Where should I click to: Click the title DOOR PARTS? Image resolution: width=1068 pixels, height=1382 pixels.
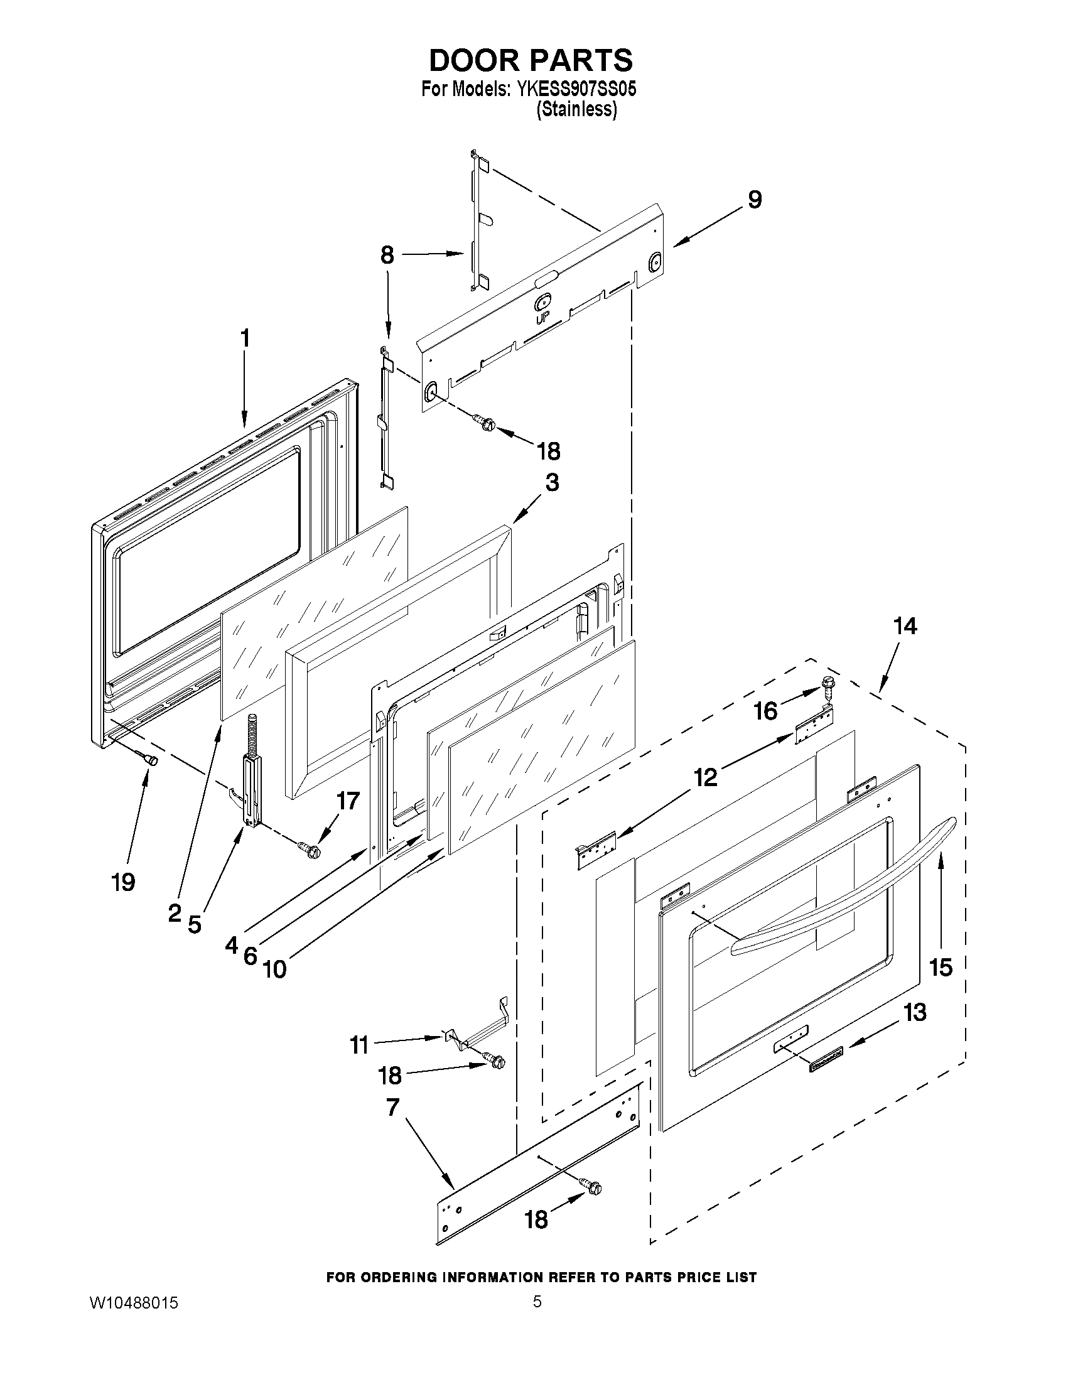click(530, 60)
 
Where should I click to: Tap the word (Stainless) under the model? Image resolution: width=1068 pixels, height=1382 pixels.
click(576, 109)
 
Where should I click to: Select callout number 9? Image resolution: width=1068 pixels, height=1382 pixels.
click(754, 200)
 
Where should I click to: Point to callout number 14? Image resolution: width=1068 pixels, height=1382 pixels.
click(905, 627)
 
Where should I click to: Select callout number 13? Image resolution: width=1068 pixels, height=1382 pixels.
click(915, 1012)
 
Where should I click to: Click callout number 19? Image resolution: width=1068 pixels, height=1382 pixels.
click(124, 882)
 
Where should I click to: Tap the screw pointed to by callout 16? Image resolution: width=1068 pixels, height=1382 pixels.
click(828, 684)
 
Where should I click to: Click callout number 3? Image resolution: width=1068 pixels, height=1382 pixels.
click(552, 483)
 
